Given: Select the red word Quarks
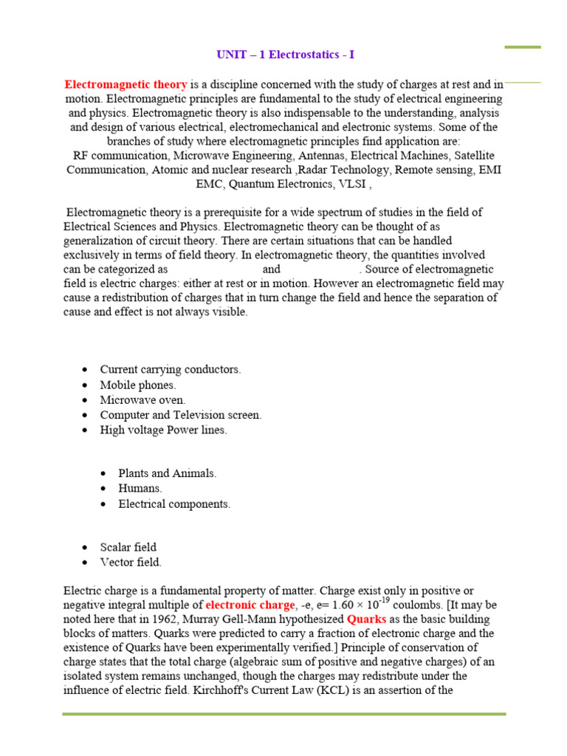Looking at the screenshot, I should [367, 619].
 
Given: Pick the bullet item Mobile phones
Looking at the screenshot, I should [138, 385].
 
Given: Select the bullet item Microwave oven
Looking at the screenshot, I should [142, 400].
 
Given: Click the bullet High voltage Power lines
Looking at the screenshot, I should [163, 430].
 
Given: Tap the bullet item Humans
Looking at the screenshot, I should [140, 489].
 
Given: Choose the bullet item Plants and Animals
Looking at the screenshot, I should [168, 473].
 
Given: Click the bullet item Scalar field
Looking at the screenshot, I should [128, 547].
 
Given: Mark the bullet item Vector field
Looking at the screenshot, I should [131, 562].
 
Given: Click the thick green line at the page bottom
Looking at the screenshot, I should [283, 714].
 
